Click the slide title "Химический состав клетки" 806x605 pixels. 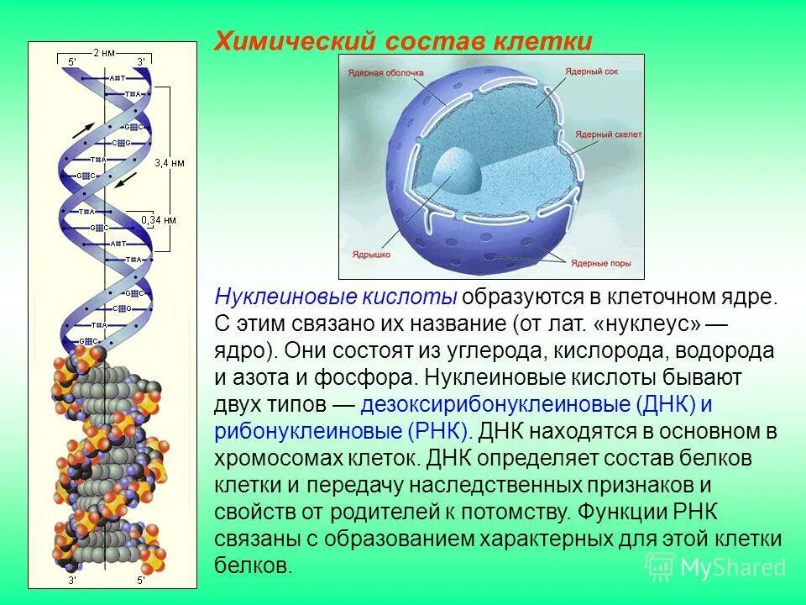[x=403, y=41]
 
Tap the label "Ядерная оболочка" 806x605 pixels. [x=378, y=74]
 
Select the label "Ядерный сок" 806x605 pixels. [x=592, y=73]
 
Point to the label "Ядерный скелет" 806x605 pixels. [x=609, y=134]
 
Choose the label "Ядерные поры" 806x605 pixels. [x=600, y=263]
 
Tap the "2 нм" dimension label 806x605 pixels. [x=105, y=52]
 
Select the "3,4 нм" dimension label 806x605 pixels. [x=170, y=162]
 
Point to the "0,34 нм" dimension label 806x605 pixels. [x=160, y=220]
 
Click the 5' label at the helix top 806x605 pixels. [x=71, y=61]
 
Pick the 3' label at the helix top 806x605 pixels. [x=140, y=61]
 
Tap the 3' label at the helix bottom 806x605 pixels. [x=72, y=579]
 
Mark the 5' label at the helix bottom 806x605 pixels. [x=140, y=579]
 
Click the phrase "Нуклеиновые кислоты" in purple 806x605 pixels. [x=336, y=297]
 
